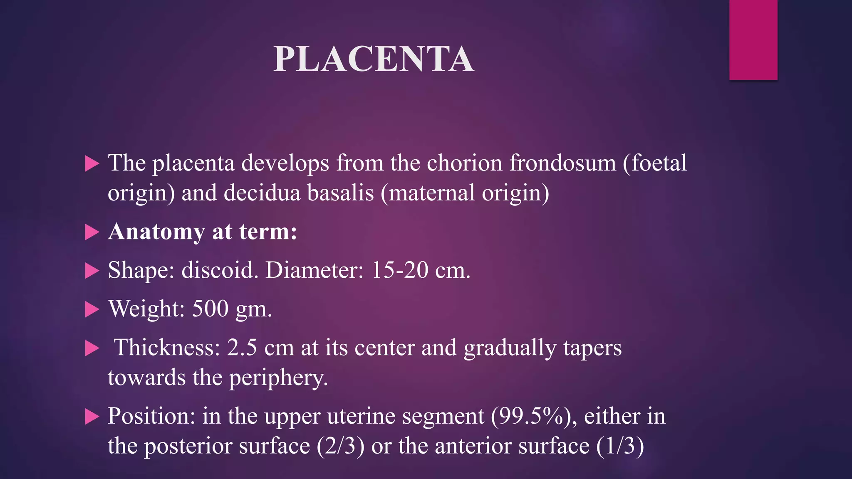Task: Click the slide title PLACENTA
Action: tap(373, 59)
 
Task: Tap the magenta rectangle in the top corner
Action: tap(753, 40)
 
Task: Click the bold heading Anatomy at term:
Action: tap(203, 232)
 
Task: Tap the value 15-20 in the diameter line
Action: tap(399, 270)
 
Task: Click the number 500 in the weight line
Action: tap(210, 309)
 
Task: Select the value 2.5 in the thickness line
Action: tap(242, 348)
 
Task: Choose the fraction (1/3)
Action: tap(620, 446)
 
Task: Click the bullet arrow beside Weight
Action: tap(92, 309)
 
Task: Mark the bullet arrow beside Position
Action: tap(92, 416)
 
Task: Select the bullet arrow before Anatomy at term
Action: tap(92, 232)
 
